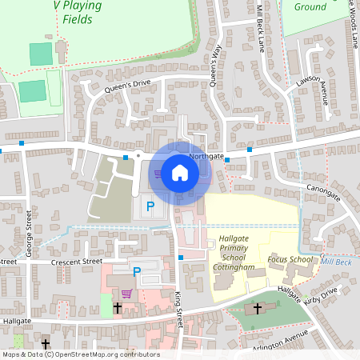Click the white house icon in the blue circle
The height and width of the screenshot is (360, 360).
180,173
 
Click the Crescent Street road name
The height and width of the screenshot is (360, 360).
76,262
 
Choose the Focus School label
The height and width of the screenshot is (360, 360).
290,259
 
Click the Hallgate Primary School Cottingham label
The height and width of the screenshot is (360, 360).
234,253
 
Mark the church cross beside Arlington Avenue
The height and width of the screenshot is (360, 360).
258,308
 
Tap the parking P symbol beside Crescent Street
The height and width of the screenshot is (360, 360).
136,272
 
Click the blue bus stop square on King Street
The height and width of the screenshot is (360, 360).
182,257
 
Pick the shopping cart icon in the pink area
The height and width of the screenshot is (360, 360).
126,293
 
